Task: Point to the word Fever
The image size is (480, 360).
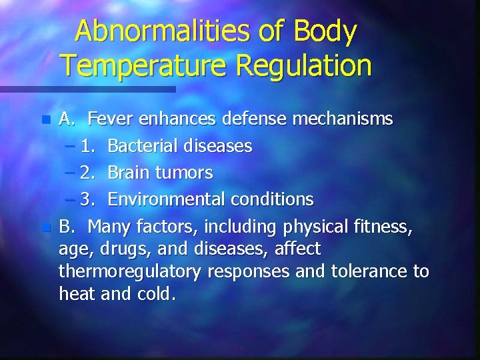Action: coord(110,119)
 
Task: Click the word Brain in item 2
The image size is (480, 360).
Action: coord(129,173)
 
